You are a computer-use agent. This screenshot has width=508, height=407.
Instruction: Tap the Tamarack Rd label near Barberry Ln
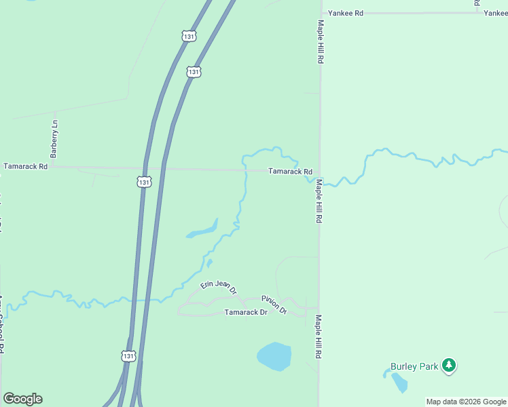tap(25, 166)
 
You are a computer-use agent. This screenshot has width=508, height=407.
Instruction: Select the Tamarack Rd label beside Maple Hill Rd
tap(290, 172)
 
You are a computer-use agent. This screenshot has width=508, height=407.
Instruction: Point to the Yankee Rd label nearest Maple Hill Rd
tap(346, 13)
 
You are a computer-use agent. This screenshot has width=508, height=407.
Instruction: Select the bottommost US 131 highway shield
tap(129, 355)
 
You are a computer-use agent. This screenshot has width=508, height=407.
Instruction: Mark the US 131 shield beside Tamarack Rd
tap(143, 182)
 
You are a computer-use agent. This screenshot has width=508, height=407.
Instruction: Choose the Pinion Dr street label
tap(274, 304)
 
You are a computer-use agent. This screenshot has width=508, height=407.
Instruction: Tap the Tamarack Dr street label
tap(246, 313)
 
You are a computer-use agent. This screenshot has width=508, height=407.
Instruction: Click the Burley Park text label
tap(414, 366)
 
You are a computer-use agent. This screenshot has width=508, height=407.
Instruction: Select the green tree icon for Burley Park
tap(448, 366)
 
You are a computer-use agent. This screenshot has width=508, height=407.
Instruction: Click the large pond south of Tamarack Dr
tap(274, 357)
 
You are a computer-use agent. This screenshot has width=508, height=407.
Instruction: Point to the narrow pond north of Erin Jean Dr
tap(202, 231)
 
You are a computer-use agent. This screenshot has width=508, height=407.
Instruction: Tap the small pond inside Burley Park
tap(399, 383)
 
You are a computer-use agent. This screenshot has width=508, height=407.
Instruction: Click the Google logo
tap(22, 399)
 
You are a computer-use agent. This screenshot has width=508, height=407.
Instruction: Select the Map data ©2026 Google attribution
tap(466, 402)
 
